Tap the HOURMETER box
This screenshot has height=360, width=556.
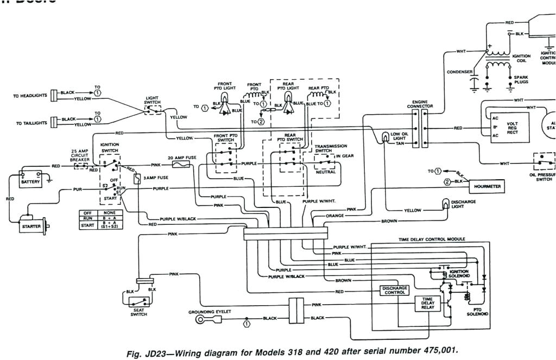click(x=486, y=186)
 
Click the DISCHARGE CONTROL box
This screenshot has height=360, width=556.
click(x=394, y=290)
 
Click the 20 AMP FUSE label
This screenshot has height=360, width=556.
click(x=183, y=157)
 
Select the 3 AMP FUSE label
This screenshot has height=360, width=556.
click(x=155, y=178)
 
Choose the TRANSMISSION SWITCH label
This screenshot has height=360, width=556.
click(x=327, y=148)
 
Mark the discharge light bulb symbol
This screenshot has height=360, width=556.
click(x=446, y=204)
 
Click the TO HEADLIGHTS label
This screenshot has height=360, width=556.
click(x=30, y=96)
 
